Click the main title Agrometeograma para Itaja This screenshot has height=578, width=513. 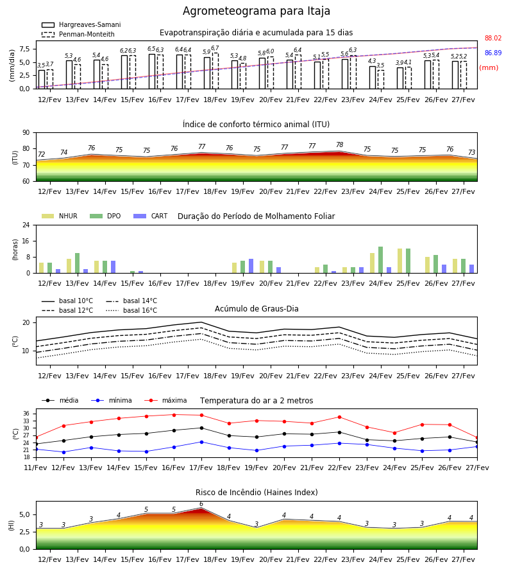(x=256, y=11)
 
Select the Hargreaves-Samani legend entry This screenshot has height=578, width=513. (x=81, y=24)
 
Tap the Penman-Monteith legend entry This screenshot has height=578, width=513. (x=78, y=34)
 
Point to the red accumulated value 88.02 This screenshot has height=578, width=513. (x=492, y=38)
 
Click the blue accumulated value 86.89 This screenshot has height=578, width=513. (x=492, y=53)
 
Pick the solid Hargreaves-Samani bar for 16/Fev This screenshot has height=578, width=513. (x=152, y=71)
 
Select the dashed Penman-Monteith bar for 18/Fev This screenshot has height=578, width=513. (x=215, y=71)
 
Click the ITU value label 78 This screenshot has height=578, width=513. (x=339, y=145)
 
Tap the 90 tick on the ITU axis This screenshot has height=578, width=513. (x=26, y=133)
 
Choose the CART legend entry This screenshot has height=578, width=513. (x=151, y=216)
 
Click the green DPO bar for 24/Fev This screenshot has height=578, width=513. (x=380, y=260)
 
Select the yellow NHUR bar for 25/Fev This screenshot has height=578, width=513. (x=399, y=261)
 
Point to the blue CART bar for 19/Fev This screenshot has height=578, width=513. (x=251, y=266)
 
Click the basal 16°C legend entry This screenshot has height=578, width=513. (x=131, y=310)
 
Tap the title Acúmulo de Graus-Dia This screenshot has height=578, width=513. (x=256, y=308)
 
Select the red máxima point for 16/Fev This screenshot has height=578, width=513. (x=174, y=415)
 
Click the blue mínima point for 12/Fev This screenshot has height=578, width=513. (x=63, y=452)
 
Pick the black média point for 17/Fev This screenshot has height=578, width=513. (x=201, y=428)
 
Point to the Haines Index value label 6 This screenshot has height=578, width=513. (x=201, y=504)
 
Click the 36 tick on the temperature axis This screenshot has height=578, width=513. (x=26, y=414)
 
